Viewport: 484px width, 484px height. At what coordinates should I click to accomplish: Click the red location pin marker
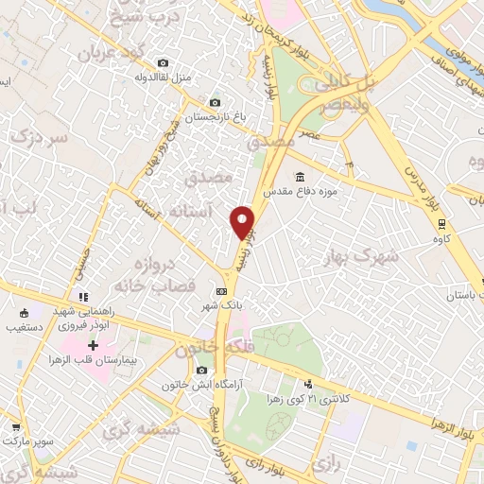click(243, 221)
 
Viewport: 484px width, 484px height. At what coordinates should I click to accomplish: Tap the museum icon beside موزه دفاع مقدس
click(300, 178)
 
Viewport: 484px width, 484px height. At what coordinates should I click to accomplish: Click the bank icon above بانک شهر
click(221, 291)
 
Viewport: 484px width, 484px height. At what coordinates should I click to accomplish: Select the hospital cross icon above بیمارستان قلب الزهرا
click(93, 346)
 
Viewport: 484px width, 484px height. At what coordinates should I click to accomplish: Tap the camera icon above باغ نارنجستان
click(215, 102)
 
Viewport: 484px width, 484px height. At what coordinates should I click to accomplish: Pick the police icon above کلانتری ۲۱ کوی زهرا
click(308, 384)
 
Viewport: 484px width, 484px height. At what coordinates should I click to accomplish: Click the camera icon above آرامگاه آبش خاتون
click(201, 370)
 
